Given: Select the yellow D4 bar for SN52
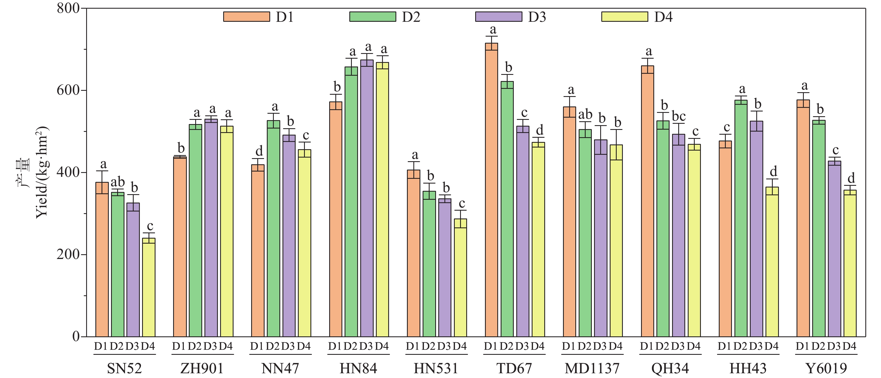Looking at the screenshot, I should pyautogui.click(x=149, y=287).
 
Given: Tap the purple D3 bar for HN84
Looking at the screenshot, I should pyautogui.click(x=367, y=198).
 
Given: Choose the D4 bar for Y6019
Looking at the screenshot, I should pyautogui.click(x=850, y=263).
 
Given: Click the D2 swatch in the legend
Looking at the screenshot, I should pyautogui.click(x=373, y=17).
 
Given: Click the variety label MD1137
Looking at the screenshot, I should pyautogui.click(x=592, y=369).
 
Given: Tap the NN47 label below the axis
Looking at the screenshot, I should pyautogui.click(x=280, y=369).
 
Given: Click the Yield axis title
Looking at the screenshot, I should pyautogui.click(x=42, y=173).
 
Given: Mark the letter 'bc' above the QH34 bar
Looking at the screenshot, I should pyautogui.click(x=679, y=117).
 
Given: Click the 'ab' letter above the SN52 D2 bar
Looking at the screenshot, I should pyautogui.click(x=118, y=182).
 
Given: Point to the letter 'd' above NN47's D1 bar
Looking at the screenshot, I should pyautogui.click(x=259, y=151).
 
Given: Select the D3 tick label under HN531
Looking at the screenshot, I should pyautogui.click(x=444, y=346).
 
